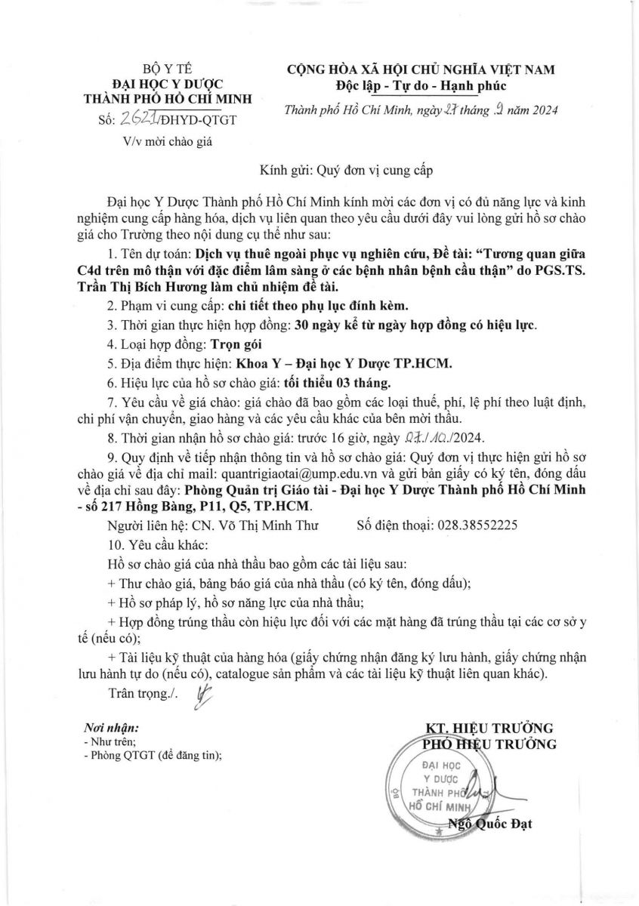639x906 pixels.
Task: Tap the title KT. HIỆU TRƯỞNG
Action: [489, 728]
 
